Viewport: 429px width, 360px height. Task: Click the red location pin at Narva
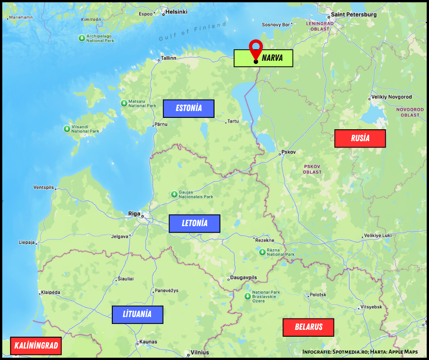click(256, 48)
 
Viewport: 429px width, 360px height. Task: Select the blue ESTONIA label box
click(188, 109)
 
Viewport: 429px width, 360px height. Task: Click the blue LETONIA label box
click(194, 223)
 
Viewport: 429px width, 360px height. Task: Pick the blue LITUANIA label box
click(137, 314)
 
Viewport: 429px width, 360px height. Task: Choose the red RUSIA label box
click(360, 138)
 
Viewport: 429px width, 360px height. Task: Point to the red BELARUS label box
click(309, 327)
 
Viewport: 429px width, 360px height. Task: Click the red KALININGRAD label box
click(36, 346)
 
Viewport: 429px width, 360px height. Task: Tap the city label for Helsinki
click(177, 12)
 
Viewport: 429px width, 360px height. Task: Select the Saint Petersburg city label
click(354, 14)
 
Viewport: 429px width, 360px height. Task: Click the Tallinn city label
click(168, 58)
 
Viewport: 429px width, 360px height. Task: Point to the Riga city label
click(134, 213)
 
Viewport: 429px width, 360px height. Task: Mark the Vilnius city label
click(200, 352)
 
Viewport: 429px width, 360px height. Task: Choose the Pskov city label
click(289, 152)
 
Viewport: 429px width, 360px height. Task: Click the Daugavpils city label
click(244, 278)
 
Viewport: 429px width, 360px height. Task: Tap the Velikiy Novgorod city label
click(392, 97)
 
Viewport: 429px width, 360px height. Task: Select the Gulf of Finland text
click(193, 32)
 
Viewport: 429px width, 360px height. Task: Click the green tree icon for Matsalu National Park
click(124, 103)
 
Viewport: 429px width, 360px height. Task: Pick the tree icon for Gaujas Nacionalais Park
click(174, 194)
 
